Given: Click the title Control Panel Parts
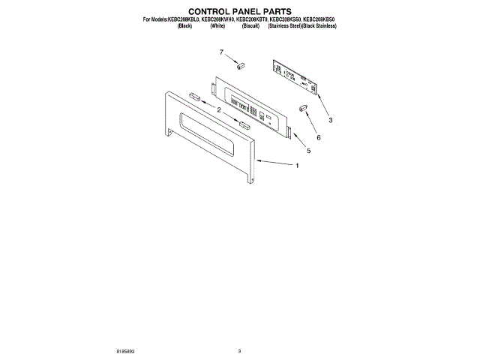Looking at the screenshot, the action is click(240, 11).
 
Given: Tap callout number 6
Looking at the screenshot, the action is click(318, 137).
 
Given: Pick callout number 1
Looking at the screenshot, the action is click(297, 166).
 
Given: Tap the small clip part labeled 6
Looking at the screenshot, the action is click(303, 108).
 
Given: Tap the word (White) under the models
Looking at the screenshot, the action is click(218, 25).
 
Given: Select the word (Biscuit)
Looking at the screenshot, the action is click(251, 25).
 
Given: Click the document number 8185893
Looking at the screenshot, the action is click(127, 350).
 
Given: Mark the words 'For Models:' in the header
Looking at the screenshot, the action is click(154, 19).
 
